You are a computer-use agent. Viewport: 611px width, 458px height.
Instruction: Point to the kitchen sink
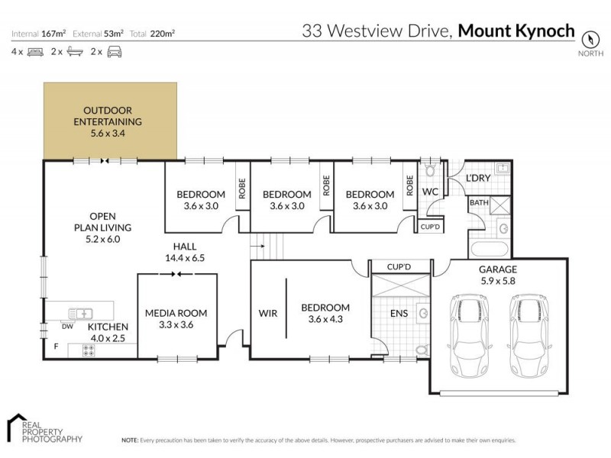pyautogui.click(x=80, y=312)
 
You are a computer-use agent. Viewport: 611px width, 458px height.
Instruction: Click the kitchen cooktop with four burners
pyautogui.click(x=88, y=350)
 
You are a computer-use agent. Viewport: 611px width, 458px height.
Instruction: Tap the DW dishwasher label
pyautogui.click(x=66, y=326)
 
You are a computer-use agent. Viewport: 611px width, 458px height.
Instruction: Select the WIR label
pyautogui.click(x=267, y=313)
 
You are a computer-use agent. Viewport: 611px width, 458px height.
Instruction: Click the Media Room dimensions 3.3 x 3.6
pyautogui.click(x=176, y=325)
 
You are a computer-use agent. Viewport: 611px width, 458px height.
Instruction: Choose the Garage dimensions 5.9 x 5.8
pyautogui.click(x=498, y=281)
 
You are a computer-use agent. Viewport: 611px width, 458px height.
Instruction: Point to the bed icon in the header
pyautogui.click(x=34, y=52)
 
